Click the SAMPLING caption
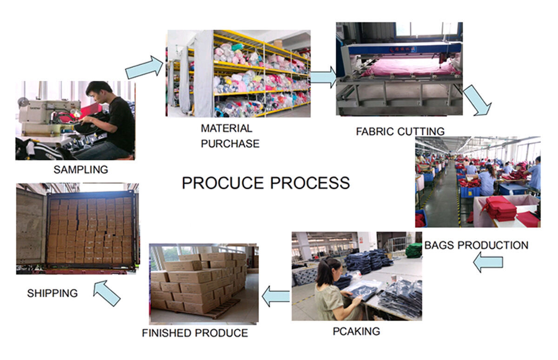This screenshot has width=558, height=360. (80, 170)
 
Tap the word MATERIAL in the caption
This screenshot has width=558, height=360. (226, 128)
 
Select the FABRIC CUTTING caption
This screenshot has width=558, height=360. (400, 131)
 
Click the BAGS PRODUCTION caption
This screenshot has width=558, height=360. (476, 245)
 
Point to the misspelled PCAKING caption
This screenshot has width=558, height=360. (356, 331)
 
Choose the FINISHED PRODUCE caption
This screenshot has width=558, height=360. (195, 333)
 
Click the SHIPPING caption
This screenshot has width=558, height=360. (52, 293)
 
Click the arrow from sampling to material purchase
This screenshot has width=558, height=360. (145, 67)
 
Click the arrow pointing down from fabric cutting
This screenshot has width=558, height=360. (478, 100)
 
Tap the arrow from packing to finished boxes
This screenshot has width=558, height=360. (276, 297)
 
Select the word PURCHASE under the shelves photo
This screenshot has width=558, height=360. (230, 144)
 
